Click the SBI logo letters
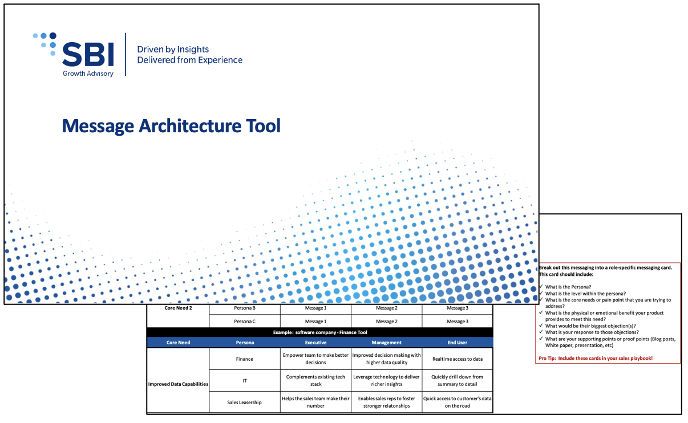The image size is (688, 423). click(88, 54)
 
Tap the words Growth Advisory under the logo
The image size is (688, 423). click(88, 74)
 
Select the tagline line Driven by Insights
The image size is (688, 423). click(173, 50)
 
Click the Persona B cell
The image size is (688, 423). click(244, 308)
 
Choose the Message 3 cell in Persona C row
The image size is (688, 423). click(457, 322)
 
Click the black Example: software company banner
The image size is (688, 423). click(319, 332)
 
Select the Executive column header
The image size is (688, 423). click(315, 343)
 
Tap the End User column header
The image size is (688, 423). click(458, 343)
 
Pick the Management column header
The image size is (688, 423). click(386, 343)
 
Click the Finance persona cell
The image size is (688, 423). click(244, 359)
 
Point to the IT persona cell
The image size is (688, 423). click(244, 380)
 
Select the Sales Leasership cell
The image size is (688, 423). click(244, 402)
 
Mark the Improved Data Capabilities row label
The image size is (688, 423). click(178, 384)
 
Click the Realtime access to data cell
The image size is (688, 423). click(458, 359)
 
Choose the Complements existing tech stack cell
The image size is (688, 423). click(315, 380)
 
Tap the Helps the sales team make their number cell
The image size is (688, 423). click(315, 402)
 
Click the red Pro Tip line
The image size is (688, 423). click(596, 358)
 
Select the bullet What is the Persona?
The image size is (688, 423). click(568, 287)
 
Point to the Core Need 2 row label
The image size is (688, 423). click(178, 308)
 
